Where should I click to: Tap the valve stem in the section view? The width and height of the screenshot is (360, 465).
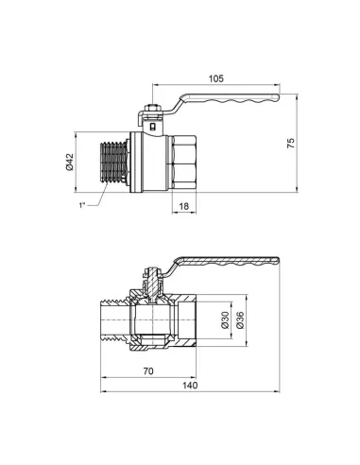click(x=150, y=280)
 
